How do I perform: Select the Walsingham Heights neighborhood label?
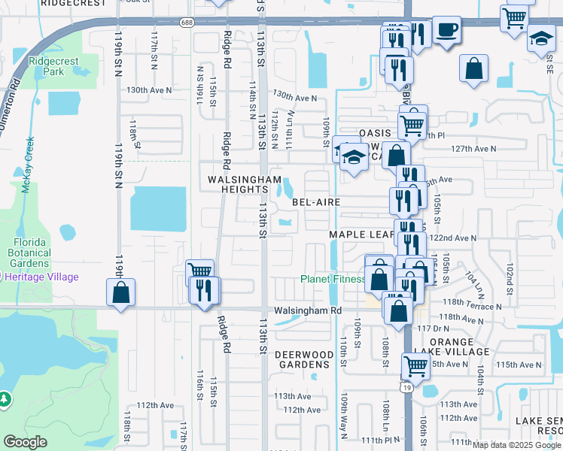245,185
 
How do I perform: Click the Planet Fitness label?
333,279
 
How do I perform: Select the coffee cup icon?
447,30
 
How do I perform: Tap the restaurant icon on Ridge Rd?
203,290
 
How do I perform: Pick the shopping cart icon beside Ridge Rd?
199,271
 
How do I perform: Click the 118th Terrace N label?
471,307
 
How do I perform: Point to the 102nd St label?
510,279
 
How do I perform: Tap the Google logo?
26,442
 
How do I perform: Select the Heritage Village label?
42,277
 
